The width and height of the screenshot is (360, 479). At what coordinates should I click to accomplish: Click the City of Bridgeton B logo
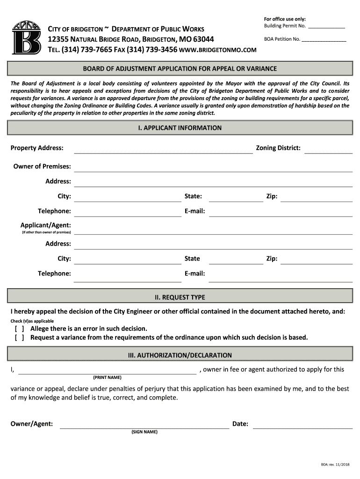pyautogui.click(x=26, y=38)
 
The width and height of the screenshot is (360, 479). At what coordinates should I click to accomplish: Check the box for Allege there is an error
pyautogui.click(x=20, y=329)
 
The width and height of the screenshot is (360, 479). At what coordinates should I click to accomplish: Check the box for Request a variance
pyautogui.click(x=20, y=337)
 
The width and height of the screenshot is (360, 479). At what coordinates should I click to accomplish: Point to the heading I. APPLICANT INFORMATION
pyautogui.click(x=180, y=128)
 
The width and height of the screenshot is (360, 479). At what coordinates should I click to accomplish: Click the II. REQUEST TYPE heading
pyautogui.click(x=180, y=297)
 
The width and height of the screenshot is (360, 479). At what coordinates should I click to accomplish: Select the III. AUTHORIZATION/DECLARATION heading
pyautogui.click(x=180, y=356)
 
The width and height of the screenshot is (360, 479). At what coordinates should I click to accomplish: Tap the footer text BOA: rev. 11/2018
pyautogui.click(x=335, y=464)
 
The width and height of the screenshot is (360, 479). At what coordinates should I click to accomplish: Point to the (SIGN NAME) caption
pyautogui.click(x=144, y=432)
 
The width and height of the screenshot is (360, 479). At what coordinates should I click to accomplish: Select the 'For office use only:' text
pyautogui.click(x=285, y=19)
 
